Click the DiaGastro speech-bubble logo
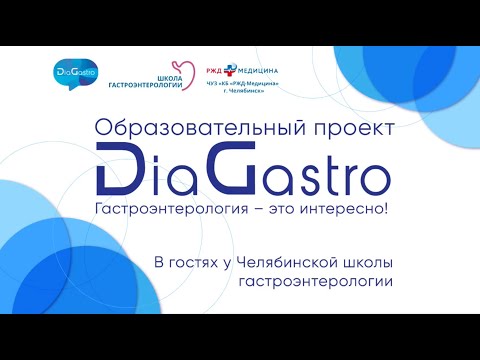click(79, 75)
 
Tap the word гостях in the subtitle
click(193, 262)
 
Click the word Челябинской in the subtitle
click(284, 262)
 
